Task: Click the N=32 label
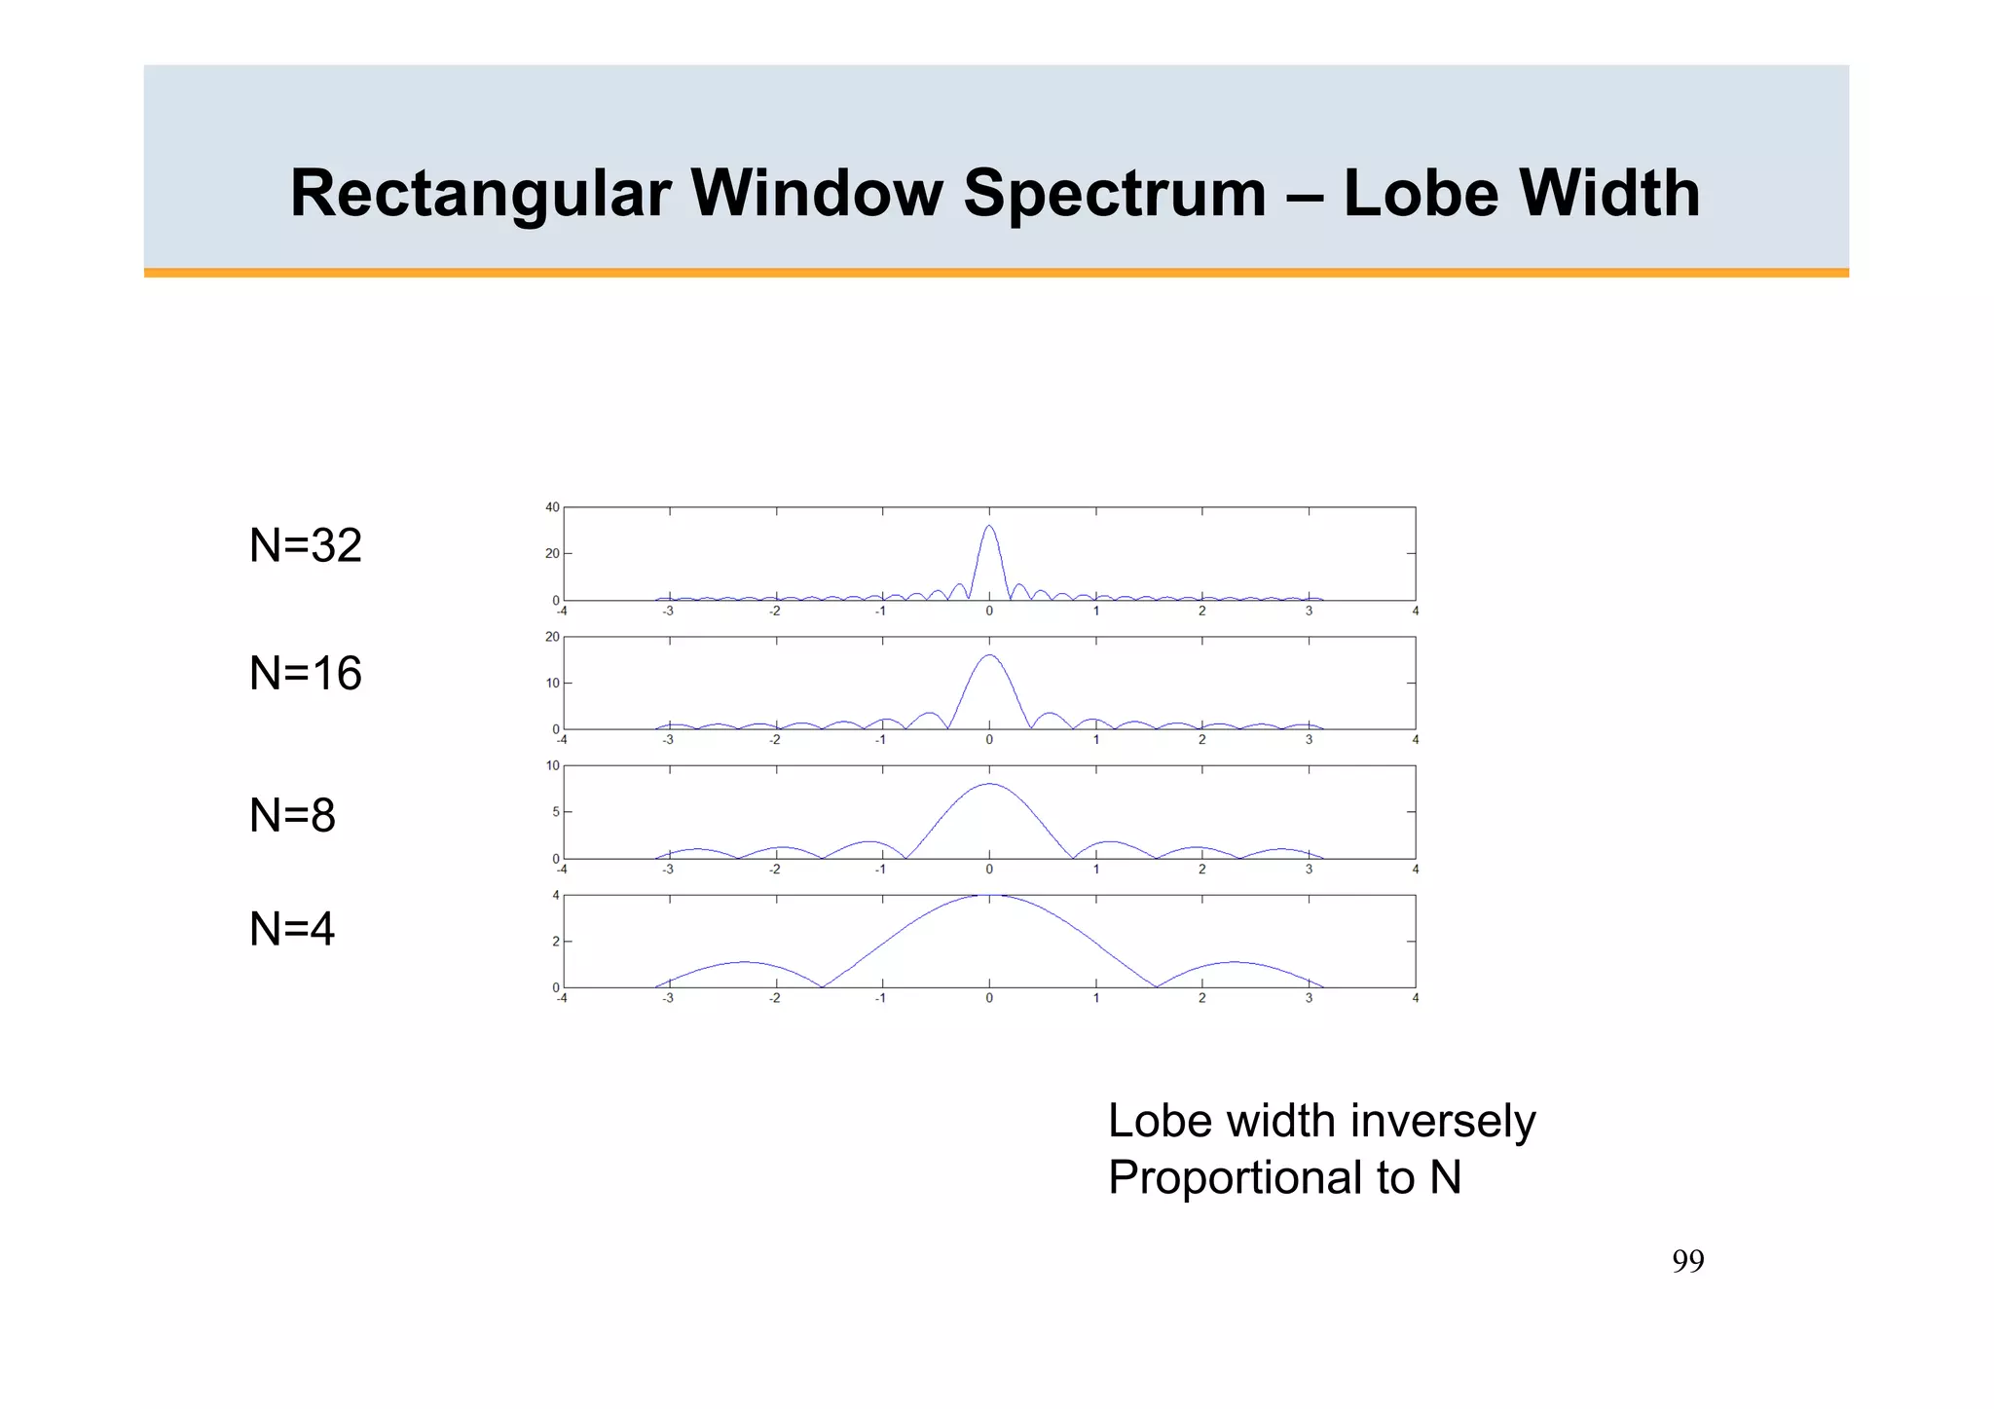(306, 545)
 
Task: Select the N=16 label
(306, 674)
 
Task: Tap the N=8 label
(292, 815)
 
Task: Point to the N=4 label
(292, 929)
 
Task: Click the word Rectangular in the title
(480, 194)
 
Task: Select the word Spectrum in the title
(1115, 194)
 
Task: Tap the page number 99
(1688, 1261)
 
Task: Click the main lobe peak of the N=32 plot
(989, 526)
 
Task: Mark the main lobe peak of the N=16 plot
(989, 655)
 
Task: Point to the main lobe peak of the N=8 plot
(989, 784)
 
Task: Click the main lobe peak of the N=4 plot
(989, 896)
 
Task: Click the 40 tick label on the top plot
(552, 507)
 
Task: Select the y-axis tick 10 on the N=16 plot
(552, 684)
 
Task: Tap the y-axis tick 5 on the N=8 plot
(556, 812)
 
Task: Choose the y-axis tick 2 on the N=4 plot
(556, 942)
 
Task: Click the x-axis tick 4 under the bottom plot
(1416, 998)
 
